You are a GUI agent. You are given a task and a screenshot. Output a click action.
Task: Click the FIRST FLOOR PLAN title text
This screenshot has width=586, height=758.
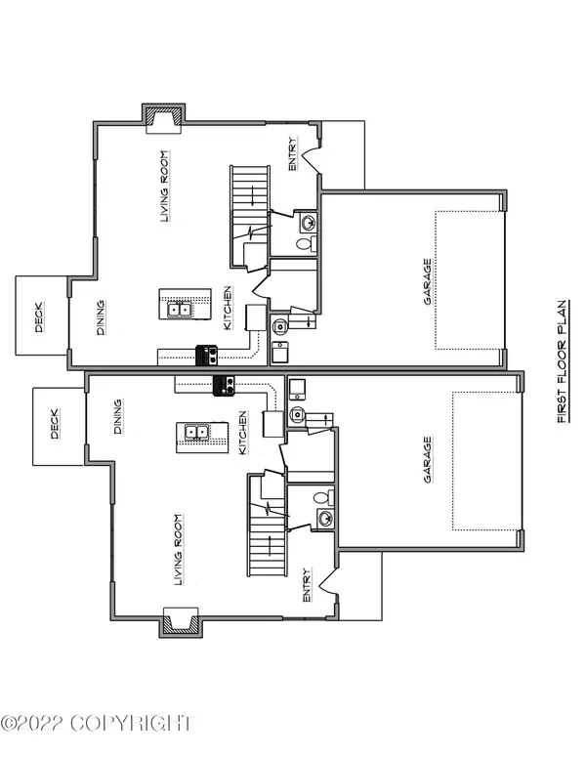pos(563,361)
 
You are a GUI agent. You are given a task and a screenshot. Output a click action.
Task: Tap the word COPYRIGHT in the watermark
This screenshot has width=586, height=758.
pos(131,724)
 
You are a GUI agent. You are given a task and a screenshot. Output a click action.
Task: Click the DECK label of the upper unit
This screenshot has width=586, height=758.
pos(39,317)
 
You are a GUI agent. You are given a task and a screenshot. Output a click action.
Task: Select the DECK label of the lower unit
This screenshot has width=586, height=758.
pos(55,424)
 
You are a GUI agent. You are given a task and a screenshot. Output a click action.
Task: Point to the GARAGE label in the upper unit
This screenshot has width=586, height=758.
pos(428,282)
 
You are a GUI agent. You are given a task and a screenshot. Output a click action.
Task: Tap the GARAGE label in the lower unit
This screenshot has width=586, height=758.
pos(428,460)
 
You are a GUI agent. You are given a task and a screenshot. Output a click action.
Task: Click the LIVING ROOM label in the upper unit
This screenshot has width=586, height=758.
pos(165,187)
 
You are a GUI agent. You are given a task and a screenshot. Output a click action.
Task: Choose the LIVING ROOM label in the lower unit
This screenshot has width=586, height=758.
pos(179,550)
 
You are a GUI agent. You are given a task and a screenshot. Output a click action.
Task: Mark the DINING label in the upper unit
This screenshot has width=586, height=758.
pos(101,317)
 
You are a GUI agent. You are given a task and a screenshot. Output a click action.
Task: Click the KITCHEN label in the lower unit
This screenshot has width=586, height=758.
pos(243,433)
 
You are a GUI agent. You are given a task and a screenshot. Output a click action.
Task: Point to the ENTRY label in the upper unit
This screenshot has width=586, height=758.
pos(293,154)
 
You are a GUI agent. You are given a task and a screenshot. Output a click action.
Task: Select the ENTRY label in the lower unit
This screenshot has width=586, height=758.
pos(307,585)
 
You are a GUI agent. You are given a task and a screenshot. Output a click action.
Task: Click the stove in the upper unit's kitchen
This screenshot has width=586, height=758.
pos(206,356)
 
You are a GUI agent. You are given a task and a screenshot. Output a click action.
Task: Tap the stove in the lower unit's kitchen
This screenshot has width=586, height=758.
pos(224,386)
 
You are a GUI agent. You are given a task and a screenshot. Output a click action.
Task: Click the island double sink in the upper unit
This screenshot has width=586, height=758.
pos(179,309)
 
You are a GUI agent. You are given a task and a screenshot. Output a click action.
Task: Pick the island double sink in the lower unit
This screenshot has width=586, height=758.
pos(196,431)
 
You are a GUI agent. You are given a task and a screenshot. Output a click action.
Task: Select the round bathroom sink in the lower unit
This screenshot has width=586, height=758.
pos(325,520)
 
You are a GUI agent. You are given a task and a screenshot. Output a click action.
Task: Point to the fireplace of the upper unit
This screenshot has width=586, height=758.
pos(163,118)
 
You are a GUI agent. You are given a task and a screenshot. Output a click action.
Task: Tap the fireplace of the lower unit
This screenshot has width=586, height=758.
pos(181,622)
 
